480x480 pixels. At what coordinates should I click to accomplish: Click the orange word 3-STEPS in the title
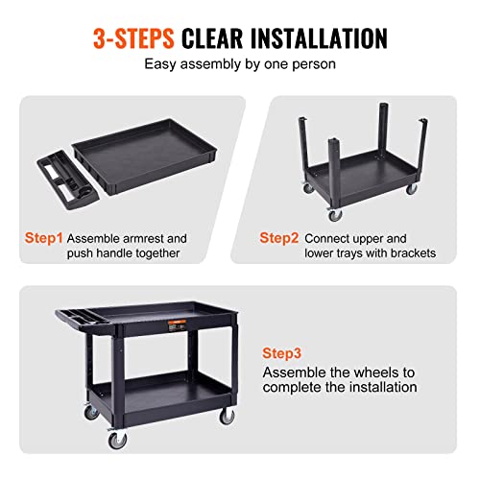[x=133, y=38]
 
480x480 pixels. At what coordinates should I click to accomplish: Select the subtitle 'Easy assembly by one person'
[x=240, y=65]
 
